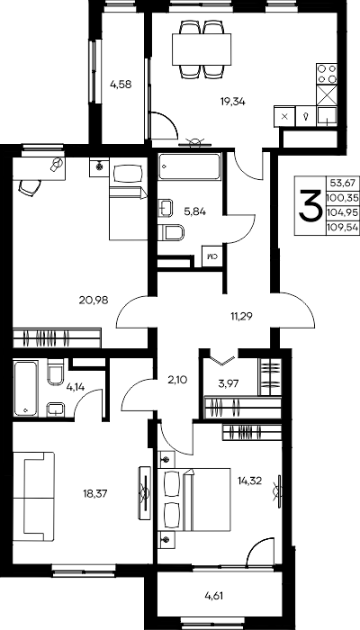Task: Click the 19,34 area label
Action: coord(232,102)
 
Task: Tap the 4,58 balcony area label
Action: coord(121,85)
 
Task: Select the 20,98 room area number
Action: coord(94,300)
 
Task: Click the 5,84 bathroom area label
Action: coord(195,211)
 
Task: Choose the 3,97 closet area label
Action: coord(229,383)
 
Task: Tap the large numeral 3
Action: coord(310,205)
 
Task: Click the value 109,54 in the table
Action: coord(343,228)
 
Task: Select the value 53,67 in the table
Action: coord(343,184)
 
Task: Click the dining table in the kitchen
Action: coord(202,49)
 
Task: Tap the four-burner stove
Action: coord(327,74)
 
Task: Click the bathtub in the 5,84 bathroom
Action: coord(190,166)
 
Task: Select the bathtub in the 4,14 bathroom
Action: coord(26,389)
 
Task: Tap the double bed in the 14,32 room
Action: coord(194,499)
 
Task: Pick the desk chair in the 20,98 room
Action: coord(30,187)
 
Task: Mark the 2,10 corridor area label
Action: coord(177,379)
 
